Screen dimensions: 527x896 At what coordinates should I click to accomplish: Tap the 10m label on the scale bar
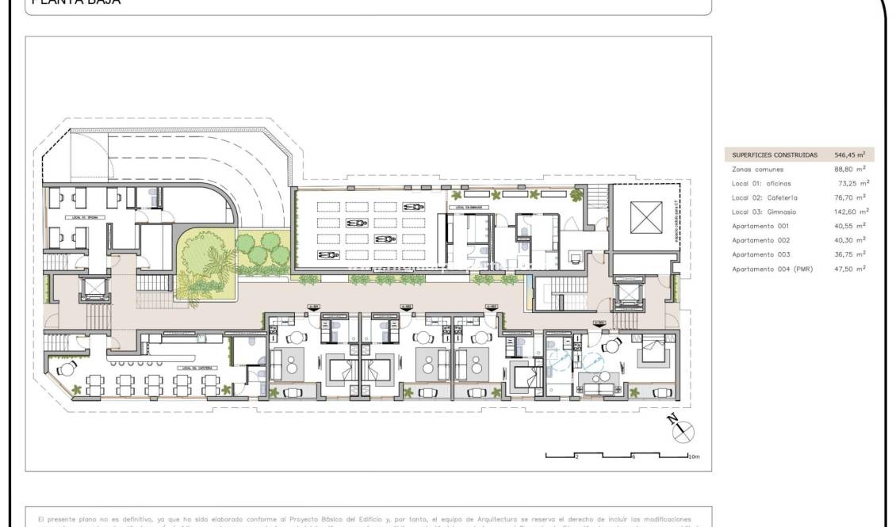pyautogui.click(x=693, y=457)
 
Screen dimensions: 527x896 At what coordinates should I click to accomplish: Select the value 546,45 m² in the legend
pyautogui.click(x=849, y=155)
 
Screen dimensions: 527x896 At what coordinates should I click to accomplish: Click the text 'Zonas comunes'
pyautogui.click(x=757, y=170)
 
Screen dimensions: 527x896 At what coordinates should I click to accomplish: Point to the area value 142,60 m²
pyautogui.click(x=849, y=212)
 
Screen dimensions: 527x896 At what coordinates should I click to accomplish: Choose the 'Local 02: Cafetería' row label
pyautogui.click(x=764, y=198)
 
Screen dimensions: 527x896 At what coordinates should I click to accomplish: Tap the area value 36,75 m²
pyautogui.click(x=850, y=254)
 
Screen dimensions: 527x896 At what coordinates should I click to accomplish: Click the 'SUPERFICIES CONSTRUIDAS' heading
pyautogui.click(x=774, y=155)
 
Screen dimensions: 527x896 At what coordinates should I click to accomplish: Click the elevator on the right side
pyautogui.click(x=628, y=292)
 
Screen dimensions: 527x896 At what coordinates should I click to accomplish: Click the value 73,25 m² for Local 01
pyautogui.click(x=850, y=184)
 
